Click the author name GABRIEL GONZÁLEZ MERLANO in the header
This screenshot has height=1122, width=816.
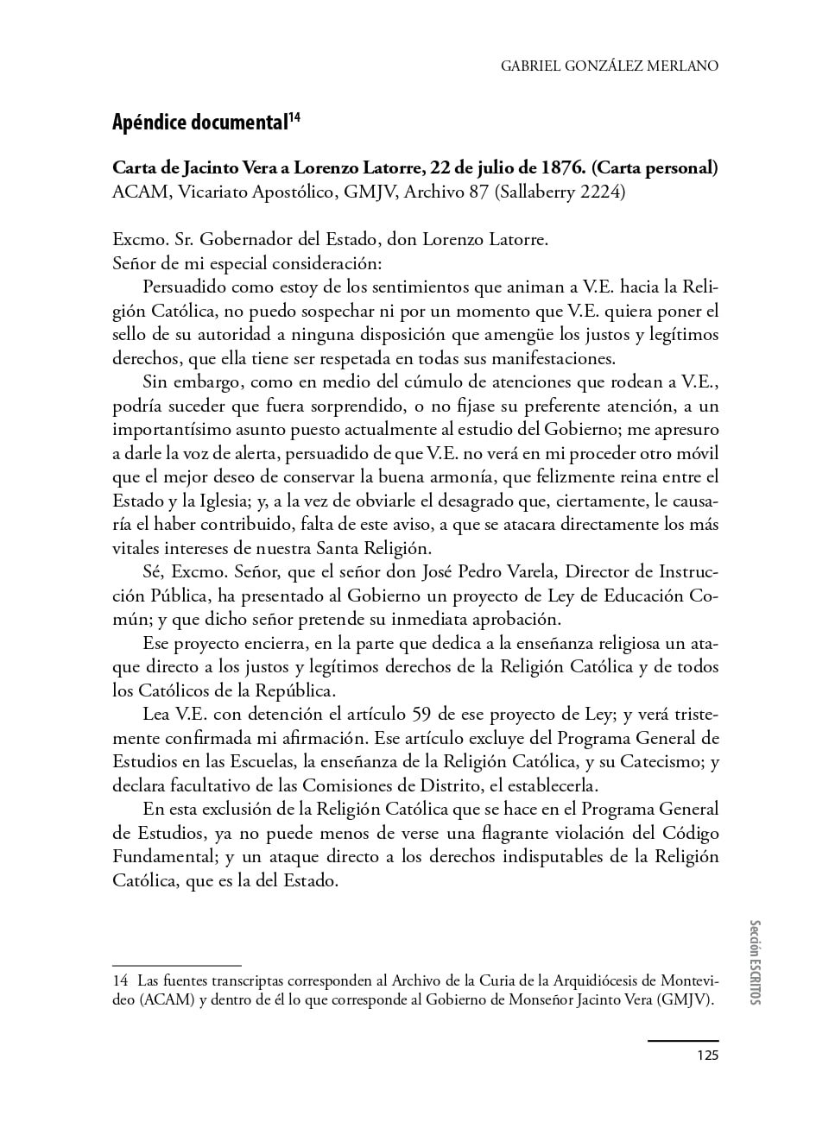(610, 66)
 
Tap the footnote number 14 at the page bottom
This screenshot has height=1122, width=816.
(120, 981)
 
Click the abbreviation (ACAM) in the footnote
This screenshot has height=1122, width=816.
(140, 1001)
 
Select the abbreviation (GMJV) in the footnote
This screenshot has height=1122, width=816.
(685, 1001)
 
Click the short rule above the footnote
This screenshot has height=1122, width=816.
(177, 965)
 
